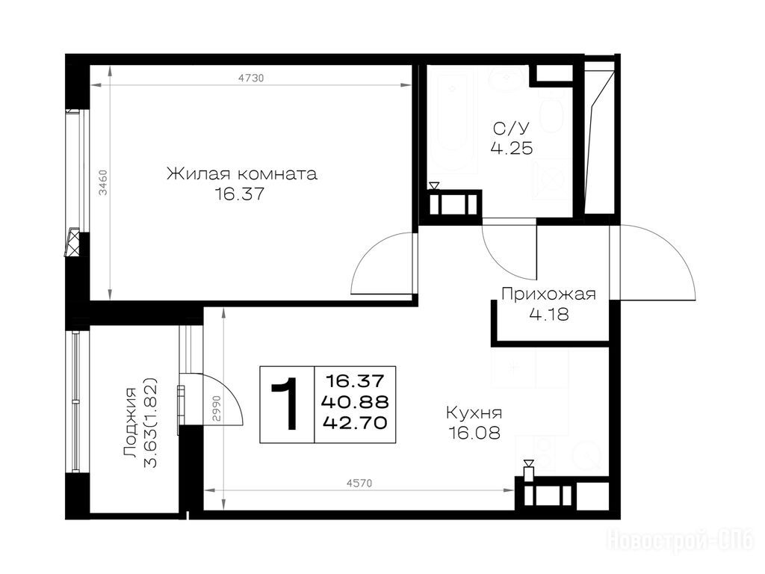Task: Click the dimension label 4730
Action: click(251, 78)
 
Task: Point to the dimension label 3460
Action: click(103, 183)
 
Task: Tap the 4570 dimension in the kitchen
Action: click(359, 484)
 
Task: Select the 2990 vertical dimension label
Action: click(217, 409)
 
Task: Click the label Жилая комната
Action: click(242, 173)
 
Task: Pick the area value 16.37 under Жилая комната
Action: click(240, 194)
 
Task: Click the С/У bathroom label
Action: click(511, 129)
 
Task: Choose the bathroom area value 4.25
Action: click(512, 149)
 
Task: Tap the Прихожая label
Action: click(549, 294)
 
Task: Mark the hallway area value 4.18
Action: click(549, 315)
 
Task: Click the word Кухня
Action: click(474, 413)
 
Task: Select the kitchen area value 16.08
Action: click(474, 433)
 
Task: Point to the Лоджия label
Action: click(130, 423)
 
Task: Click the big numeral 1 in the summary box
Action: click(287, 404)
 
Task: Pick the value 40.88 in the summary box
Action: click(355, 401)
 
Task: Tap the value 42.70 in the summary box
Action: click(355, 422)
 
